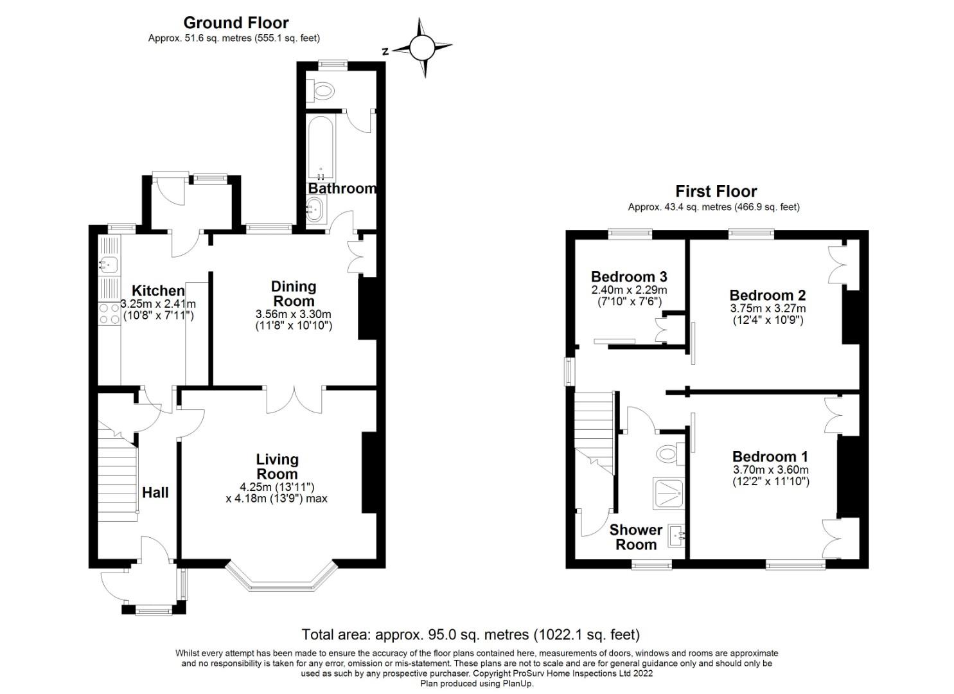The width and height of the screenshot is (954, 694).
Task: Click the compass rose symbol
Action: (x=422, y=48)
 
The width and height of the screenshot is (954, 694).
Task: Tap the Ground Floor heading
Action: (x=236, y=22)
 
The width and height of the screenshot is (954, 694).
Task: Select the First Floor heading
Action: (x=716, y=191)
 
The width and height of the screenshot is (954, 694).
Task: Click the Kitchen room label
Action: (x=158, y=291)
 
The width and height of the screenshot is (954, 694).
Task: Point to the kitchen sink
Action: (x=108, y=264)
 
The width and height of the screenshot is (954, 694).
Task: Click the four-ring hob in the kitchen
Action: (x=109, y=314)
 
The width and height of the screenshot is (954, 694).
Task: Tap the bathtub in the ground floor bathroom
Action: (x=321, y=147)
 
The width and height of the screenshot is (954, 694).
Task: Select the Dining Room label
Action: (x=294, y=294)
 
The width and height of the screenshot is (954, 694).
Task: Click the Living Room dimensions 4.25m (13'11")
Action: (x=277, y=486)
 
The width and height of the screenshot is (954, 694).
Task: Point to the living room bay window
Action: (x=281, y=577)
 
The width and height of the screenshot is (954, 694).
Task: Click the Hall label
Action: (x=155, y=493)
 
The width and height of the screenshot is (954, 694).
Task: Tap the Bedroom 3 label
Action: (x=629, y=277)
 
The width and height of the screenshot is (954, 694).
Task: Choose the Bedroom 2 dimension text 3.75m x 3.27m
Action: (x=768, y=308)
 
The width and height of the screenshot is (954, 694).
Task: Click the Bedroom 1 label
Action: (x=770, y=457)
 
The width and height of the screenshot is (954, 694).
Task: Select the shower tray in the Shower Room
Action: (x=669, y=494)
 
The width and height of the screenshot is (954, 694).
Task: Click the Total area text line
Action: (x=471, y=635)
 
